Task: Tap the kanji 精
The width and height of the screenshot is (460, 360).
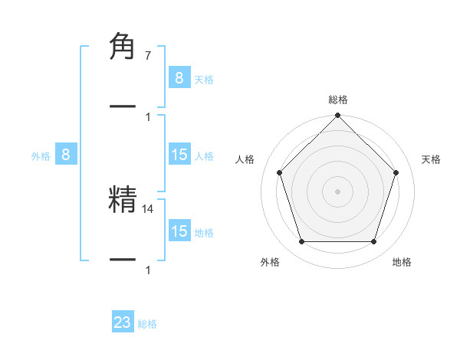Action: pos(123,199)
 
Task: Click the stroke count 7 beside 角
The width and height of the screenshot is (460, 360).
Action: pos(147,56)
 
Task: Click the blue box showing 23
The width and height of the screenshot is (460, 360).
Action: pos(123,322)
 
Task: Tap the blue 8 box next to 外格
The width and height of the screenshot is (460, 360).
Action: pos(66,155)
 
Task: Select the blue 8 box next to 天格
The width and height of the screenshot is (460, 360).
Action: pos(179,78)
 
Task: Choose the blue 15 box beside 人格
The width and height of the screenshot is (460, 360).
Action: pos(179,155)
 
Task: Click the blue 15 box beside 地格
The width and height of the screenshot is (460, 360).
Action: pos(179,231)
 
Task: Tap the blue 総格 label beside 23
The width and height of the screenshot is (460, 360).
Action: pos(147,324)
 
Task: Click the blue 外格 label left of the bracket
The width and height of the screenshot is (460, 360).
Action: pos(41,156)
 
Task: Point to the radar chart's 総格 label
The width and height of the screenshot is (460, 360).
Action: pos(338,100)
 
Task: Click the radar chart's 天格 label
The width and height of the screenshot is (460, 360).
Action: pos(432,159)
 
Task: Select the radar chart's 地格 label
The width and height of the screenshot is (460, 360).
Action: pos(402,263)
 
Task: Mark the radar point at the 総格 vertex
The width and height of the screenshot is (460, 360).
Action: pos(338,116)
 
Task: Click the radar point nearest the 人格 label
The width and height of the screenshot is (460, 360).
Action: pos(279,172)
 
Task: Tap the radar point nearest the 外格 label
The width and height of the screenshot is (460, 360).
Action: pos(301,242)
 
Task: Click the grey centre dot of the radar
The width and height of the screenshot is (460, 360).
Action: pos(338,191)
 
